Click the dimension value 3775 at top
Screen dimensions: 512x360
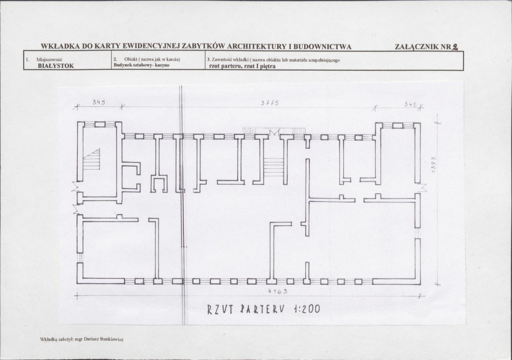(x=270, y=103)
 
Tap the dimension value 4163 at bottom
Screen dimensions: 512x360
(x=277, y=292)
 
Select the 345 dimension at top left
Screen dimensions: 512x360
(x=99, y=102)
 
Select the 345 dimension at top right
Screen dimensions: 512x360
(x=410, y=105)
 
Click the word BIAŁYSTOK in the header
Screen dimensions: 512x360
(x=56, y=66)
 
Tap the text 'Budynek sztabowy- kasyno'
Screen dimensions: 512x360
(x=141, y=65)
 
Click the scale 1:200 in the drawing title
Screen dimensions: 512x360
(x=307, y=309)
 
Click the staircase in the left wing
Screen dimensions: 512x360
(x=91, y=159)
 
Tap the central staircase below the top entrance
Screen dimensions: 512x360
(x=273, y=167)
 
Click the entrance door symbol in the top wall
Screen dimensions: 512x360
(x=275, y=133)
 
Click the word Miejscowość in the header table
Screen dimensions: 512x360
(x=49, y=59)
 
